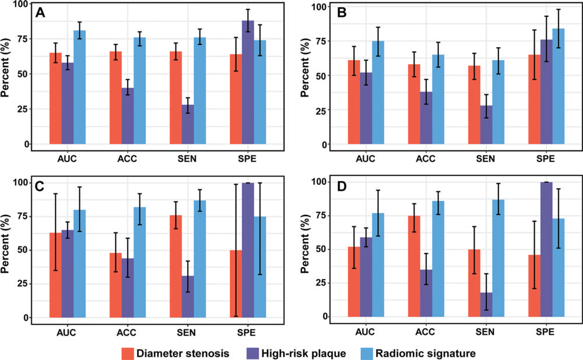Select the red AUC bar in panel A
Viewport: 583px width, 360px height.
pos(55,98)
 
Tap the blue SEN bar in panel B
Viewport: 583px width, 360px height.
pos(497,111)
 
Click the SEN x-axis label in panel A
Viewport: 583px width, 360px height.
pos(188,157)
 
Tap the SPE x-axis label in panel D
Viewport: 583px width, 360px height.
pos(546,330)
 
